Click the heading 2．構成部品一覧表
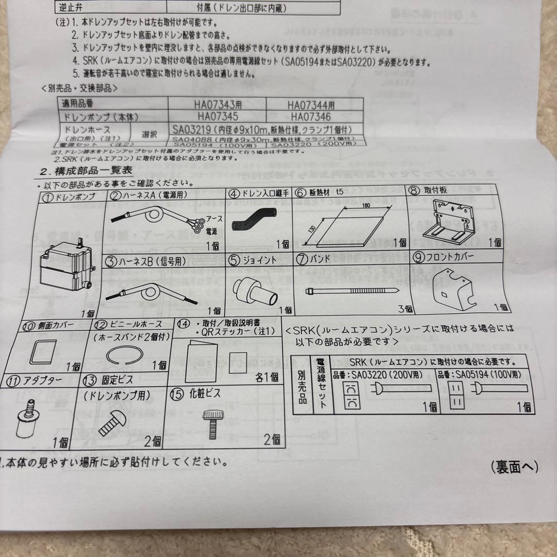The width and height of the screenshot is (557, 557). [x=86, y=171]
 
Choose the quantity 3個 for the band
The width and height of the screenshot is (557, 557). [x=405, y=309]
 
